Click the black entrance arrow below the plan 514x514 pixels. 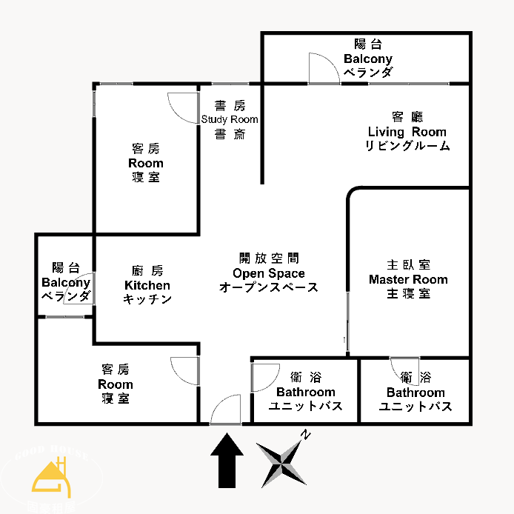[227, 461]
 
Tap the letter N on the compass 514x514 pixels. [305, 436]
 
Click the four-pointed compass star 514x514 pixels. [282, 464]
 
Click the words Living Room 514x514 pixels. [407, 132]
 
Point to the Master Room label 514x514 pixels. [408, 279]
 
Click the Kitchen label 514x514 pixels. [147, 285]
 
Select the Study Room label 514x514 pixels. [230, 119]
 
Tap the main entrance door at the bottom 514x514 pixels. [224, 411]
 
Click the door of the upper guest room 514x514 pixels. [182, 108]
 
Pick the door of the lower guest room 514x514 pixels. [184, 370]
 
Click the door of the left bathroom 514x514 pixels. [264, 376]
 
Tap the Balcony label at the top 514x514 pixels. [368, 59]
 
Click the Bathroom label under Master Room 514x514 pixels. [415, 393]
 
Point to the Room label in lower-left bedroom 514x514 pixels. [116, 384]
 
